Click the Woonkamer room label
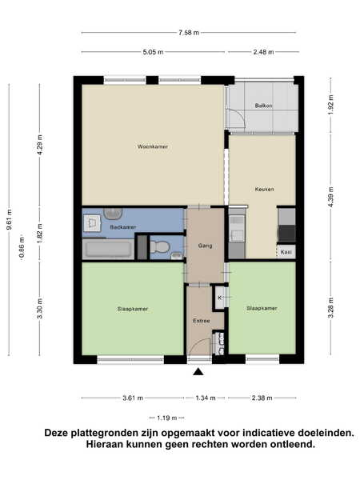153,146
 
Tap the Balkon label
263,106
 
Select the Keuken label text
264,189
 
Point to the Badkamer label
122,227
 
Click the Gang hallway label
205,246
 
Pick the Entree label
202,321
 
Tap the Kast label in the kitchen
286,252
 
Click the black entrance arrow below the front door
198,372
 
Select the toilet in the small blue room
159,246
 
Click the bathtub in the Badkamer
108,250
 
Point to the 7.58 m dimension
189,33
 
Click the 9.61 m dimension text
9,219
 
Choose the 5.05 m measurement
153,52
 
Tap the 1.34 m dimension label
206,398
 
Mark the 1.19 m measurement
167,418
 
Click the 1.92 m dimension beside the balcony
331,104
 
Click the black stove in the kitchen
286,234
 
